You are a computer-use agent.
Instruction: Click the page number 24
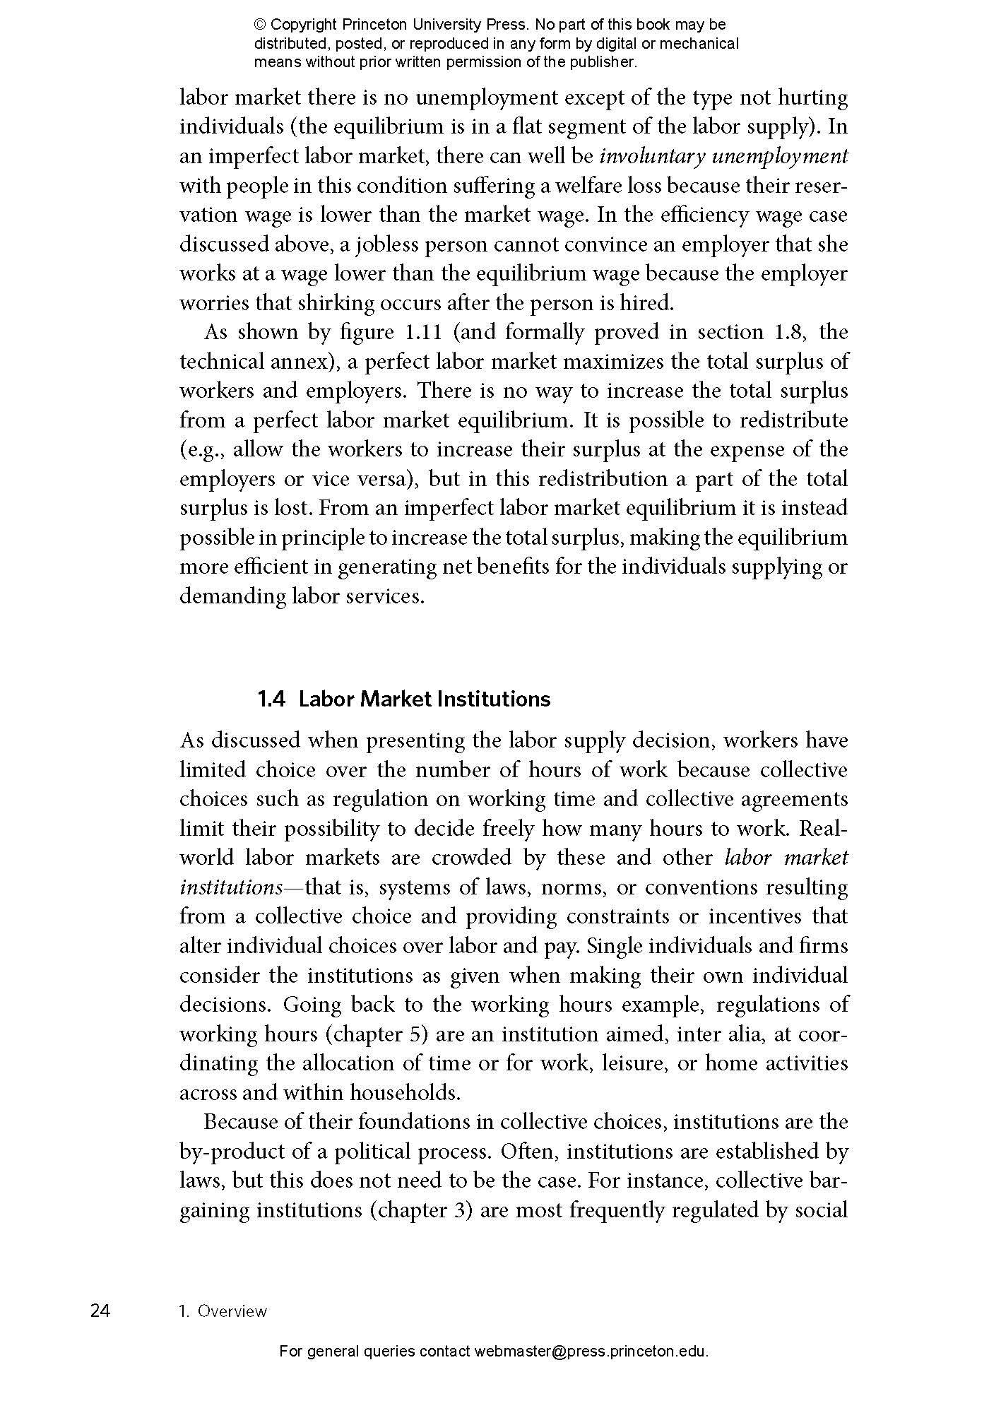click(100, 1311)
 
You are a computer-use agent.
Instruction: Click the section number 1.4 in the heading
click(271, 699)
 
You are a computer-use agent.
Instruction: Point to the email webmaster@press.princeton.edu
click(591, 1352)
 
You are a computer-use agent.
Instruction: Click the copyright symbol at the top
click(260, 25)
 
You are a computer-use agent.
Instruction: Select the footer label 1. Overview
click(223, 1311)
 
